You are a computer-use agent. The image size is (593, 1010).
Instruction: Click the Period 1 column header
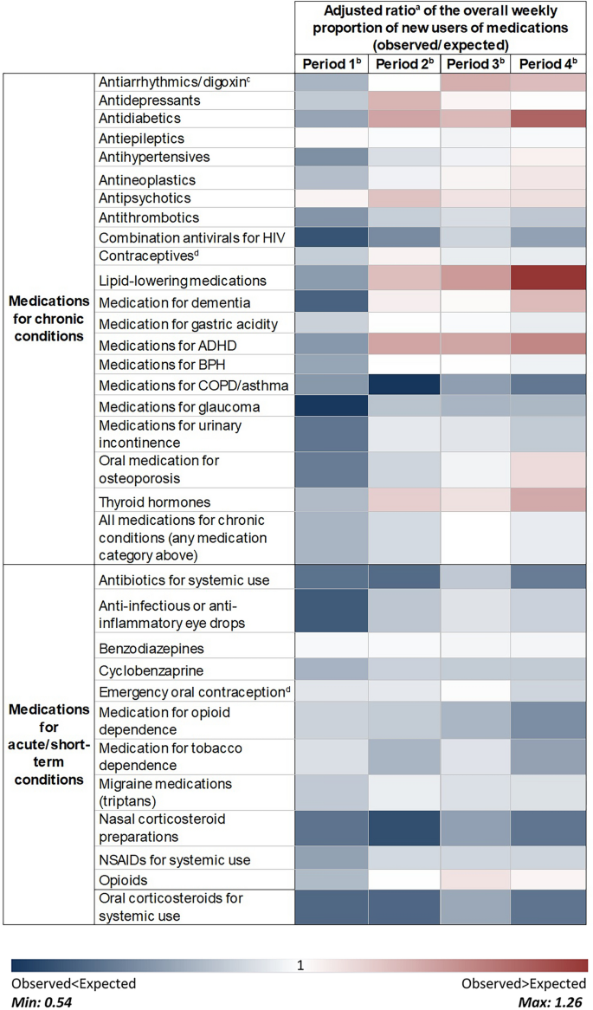tap(331, 65)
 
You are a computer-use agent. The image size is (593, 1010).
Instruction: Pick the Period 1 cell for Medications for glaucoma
tap(331, 406)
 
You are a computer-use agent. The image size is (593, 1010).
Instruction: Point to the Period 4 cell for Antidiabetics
tap(549, 118)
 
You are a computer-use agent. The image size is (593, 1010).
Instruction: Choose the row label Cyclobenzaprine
tap(147, 670)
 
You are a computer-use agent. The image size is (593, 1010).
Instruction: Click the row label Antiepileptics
tap(141, 139)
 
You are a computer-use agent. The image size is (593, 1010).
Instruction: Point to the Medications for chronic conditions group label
tap(48, 318)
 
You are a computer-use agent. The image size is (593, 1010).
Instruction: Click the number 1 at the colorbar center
tap(299, 966)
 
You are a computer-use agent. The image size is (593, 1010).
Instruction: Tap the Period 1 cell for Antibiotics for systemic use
tap(331, 579)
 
